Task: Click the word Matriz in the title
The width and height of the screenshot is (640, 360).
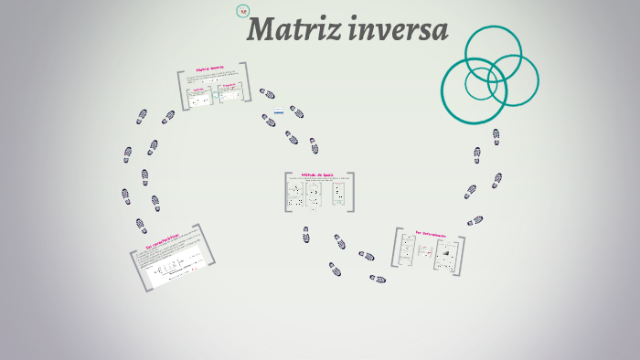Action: tap(292, 30)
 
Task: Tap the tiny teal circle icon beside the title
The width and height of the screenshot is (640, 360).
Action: tap(242, 11)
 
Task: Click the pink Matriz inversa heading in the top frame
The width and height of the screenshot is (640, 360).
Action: tap(209, 69)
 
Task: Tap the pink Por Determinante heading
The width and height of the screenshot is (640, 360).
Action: tap(431, 235)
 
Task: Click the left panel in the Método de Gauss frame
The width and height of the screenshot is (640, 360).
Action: tap(296, 194)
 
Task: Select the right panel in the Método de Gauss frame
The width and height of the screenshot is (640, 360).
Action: tap(337, 194)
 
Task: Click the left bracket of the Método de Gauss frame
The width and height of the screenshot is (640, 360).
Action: tap(285, 192)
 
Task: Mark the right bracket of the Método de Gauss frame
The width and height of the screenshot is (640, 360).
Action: tap(352, 192)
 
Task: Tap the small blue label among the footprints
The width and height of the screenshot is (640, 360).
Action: tap(279, 111)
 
